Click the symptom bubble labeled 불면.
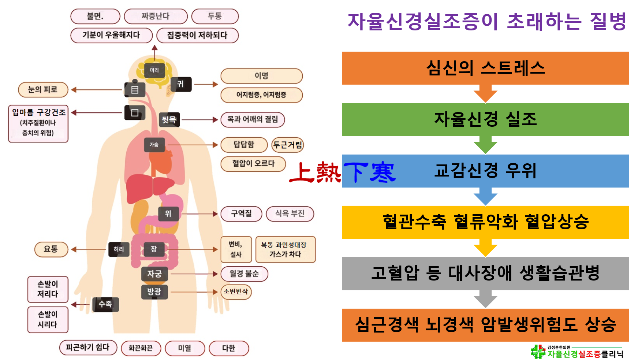(95, 16)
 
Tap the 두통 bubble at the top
(215, 16)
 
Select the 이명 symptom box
(261, 76)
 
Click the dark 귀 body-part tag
(181, 84)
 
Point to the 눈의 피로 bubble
(43, 90)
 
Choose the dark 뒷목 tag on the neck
(169, 119)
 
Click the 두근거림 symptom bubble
(288, 145)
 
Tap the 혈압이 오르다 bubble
(253, 163)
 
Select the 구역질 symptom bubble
(241, 214)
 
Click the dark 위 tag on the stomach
(168, 214)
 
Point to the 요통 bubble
(51, 249)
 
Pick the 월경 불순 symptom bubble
(244, 274)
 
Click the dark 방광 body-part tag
(154, 292)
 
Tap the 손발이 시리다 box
(48, 319)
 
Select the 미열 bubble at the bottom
(184, 348)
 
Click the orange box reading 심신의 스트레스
(485, 68)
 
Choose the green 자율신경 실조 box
(485, 119)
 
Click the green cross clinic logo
(538, 352)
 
